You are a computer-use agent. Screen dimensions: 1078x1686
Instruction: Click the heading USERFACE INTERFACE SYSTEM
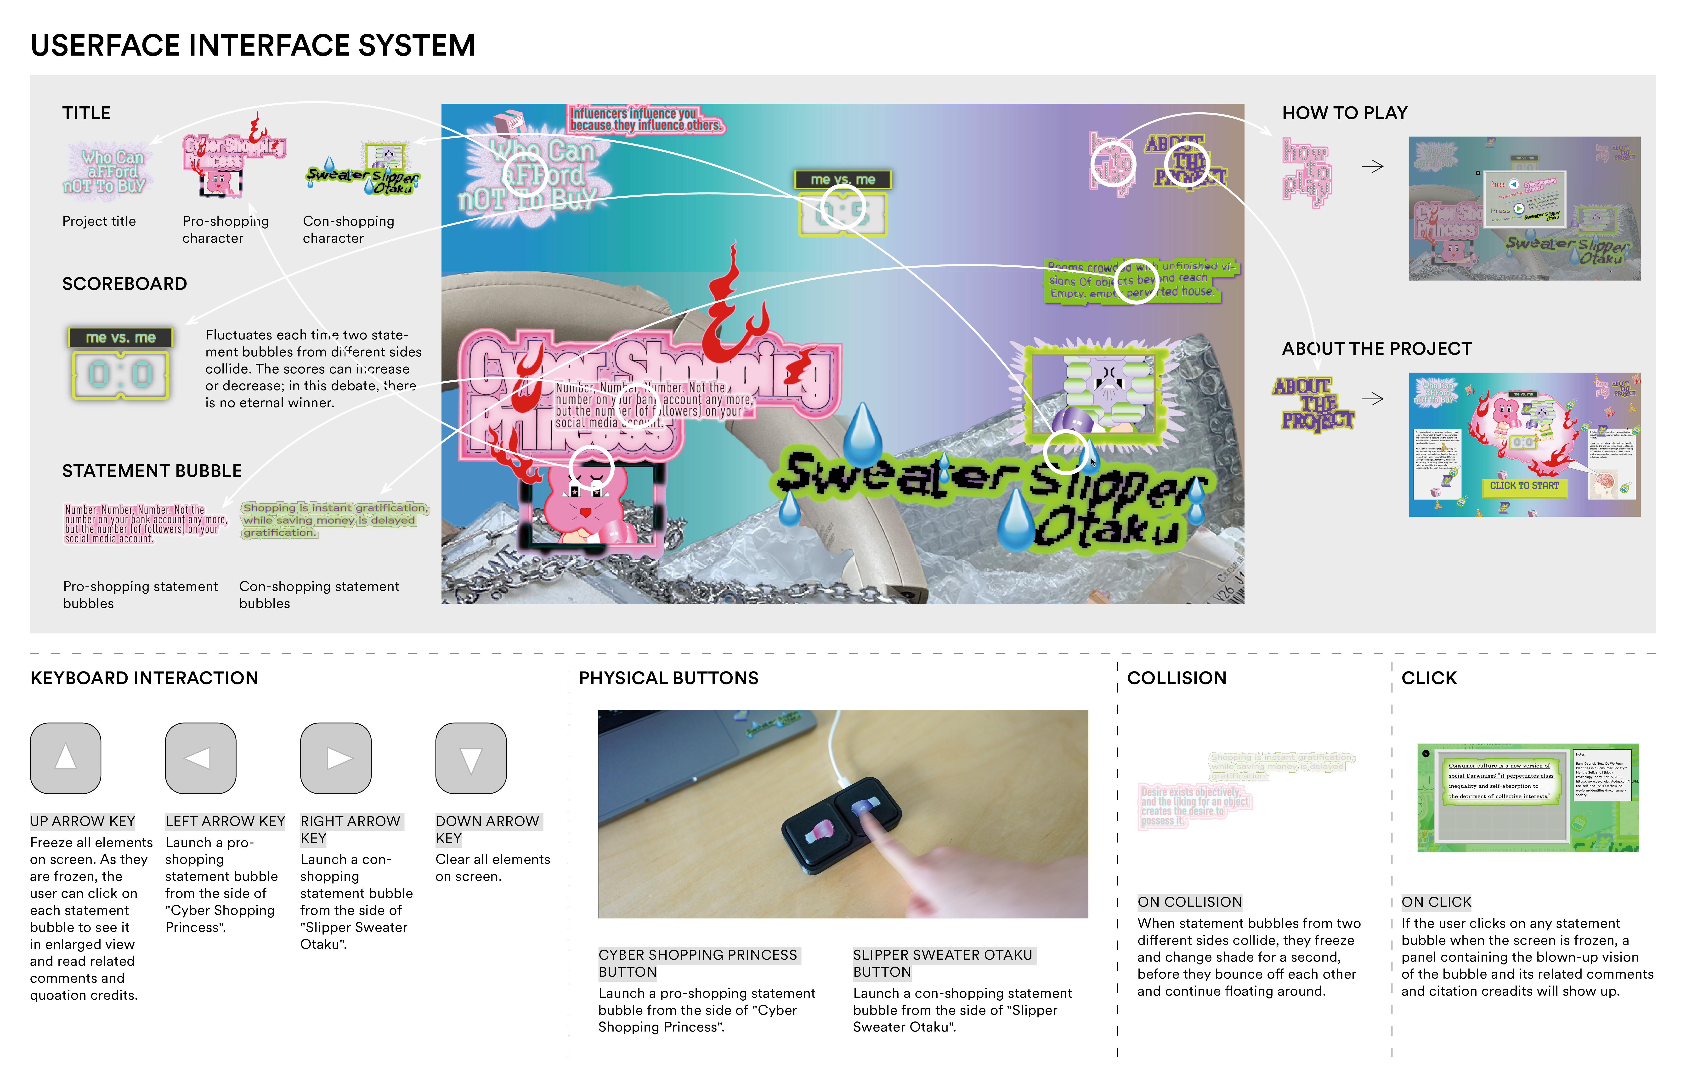(x=253, y=46)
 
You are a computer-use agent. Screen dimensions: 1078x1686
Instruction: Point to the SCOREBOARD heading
(x=125, y=284)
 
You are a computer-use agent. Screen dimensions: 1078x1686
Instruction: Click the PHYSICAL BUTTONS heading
(x=669, y=678)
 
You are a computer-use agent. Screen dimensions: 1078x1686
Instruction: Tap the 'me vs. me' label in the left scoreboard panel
(x=120, y=338)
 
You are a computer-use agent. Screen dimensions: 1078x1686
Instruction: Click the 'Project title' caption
(x=99, y=221)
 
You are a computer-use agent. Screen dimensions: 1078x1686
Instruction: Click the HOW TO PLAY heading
(x=1344, y=113)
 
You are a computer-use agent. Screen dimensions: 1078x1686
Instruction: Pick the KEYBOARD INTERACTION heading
(x=144, y=678)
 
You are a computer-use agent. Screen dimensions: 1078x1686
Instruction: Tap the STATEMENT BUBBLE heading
(x=152, y=471)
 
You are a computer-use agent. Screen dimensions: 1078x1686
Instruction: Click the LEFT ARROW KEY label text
(x=225, y=821)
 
